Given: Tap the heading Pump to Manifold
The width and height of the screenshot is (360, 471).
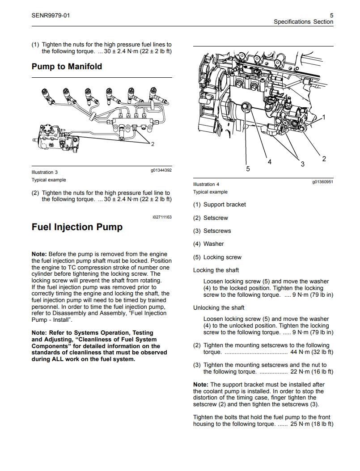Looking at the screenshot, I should (x=67, y=67).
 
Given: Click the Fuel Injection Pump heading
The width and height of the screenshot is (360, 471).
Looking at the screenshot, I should (x=77, y=227).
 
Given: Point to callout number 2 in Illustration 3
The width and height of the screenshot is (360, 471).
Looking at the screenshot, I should (x=152, y=144).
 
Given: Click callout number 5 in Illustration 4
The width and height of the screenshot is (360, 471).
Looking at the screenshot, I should (x=248, y=168).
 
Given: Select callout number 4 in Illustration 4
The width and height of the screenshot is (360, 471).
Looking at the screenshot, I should (x=269, y=162).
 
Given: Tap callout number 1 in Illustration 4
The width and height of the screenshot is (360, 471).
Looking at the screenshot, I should (x=324, y=117).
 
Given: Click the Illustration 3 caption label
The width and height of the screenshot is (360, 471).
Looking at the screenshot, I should (x=45, y=172).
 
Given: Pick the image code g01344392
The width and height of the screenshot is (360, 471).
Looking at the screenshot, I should (x=161, y=170).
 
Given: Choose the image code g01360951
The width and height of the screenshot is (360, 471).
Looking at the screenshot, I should (x=322, y=182).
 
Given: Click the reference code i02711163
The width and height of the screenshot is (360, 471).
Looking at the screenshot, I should (x=161, y=217).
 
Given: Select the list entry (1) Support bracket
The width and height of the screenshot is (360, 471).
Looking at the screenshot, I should (x=220, y=205).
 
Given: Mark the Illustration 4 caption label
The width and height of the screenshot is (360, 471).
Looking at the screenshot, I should (x=207, y=184).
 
